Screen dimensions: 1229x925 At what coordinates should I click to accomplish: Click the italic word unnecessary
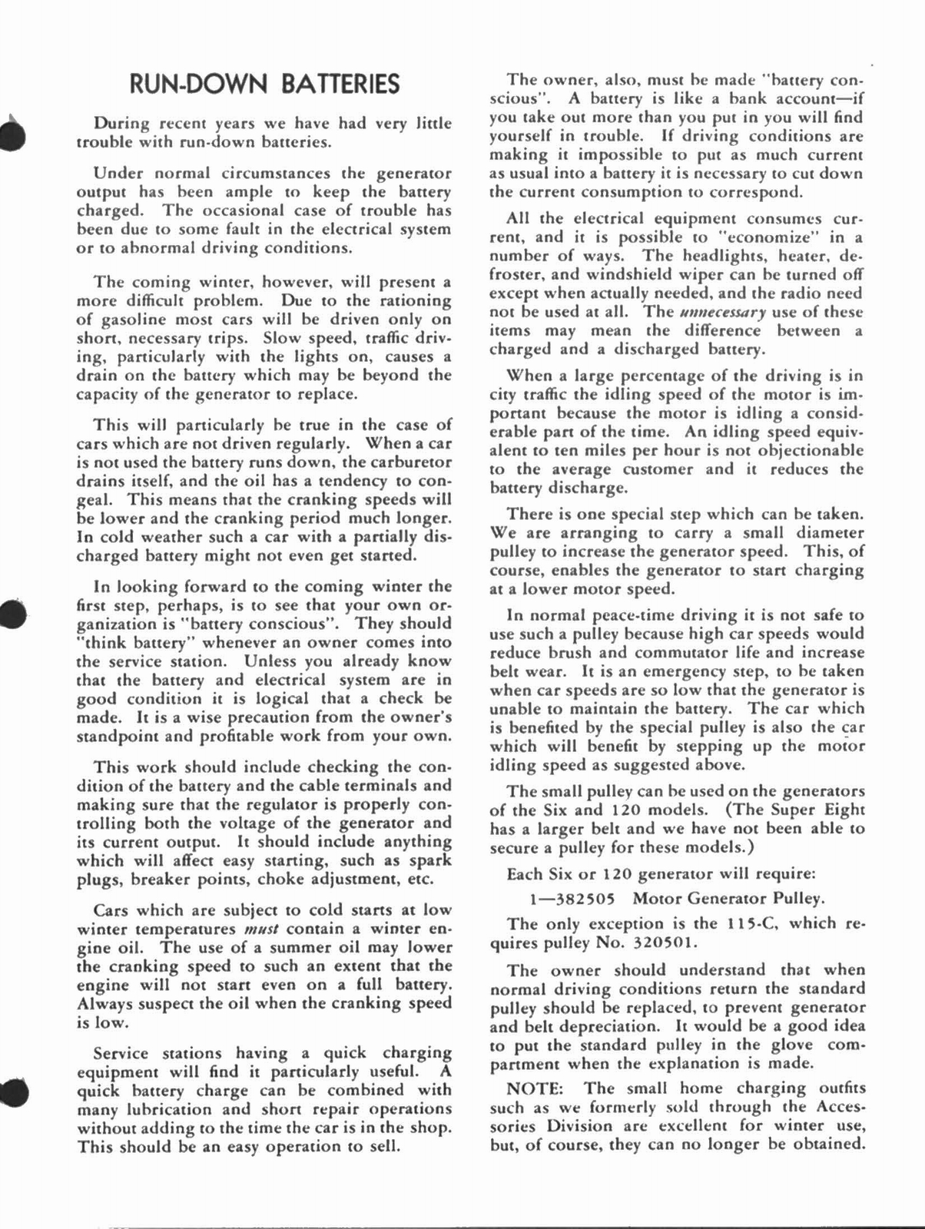pyautogui.click(x=712, y=312)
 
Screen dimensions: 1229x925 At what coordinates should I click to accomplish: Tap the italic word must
pyautogui.click(x=254, y=929)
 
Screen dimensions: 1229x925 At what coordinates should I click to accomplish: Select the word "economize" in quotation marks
pyautogui.click(x=761, y=237)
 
